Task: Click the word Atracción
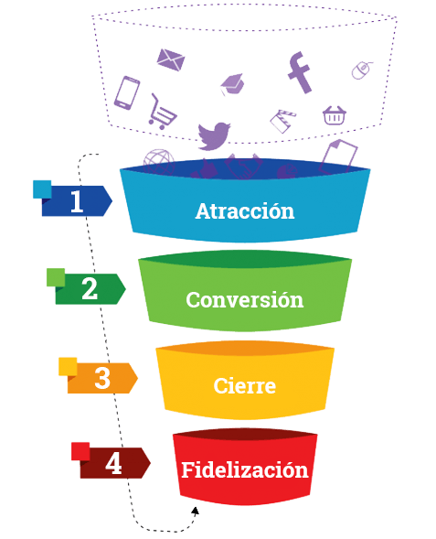pyautogui.click(x=245, y=210)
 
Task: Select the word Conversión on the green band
pyautogui.click(x=245, y=299)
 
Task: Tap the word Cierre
pyautogui.click(x=245, y=385)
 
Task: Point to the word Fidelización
pyautogui.click(x=245, y=469)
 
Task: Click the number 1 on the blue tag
pyautogui.click(x=77, y=201)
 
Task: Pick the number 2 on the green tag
pyautogui.click(x=90, y=289)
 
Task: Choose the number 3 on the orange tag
pyautogui.click(x=102, y=378)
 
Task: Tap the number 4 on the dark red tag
pyautogui.click(x=113, y=463)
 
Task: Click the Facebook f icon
pyautogui.click(x=300, y=72)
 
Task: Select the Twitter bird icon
pyautogui.click(x=214, y=135)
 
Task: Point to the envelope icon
pyautogui.click(x=171, y=59)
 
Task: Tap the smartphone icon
pyautogui.click(x=127, y=92)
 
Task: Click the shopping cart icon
pyautogui.click(x=162, y=112)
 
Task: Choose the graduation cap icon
pyautogui.click(x=232, y=84)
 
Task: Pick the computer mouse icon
pyautogui.click(x=361, y=70)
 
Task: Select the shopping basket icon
pyautogui.click(x=335, y=115)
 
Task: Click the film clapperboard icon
pyautogui.click(x=282, y=121)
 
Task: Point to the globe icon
pyautogui.click(x=159, y=162)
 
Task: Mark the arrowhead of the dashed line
pyautogui.click(x=196, y=512)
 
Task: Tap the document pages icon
pyautogui.click(x=338, y=156)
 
